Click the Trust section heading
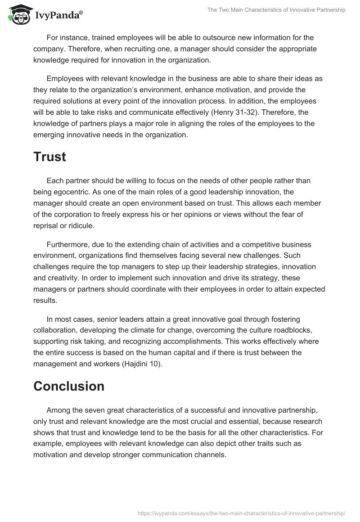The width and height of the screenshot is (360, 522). click(x=49, y=157)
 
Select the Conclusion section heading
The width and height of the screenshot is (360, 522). click(x=69, y=386)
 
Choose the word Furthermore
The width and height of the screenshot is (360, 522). click(x=66, y=244)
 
